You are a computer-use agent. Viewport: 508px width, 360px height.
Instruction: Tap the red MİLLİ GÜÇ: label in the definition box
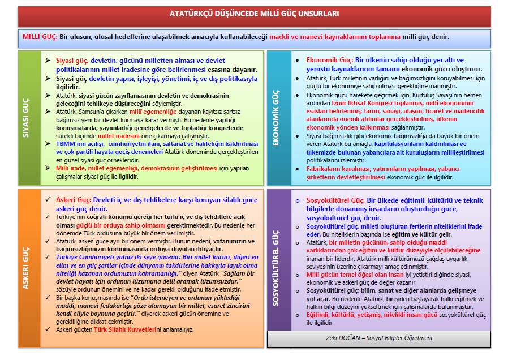tap(40, 37)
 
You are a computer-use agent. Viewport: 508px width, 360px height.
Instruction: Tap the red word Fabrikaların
tap(325, 169)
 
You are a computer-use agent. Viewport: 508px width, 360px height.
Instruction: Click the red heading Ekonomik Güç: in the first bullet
tap(329, 60)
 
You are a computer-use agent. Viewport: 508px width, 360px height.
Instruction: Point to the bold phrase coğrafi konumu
tap(104, 217)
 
